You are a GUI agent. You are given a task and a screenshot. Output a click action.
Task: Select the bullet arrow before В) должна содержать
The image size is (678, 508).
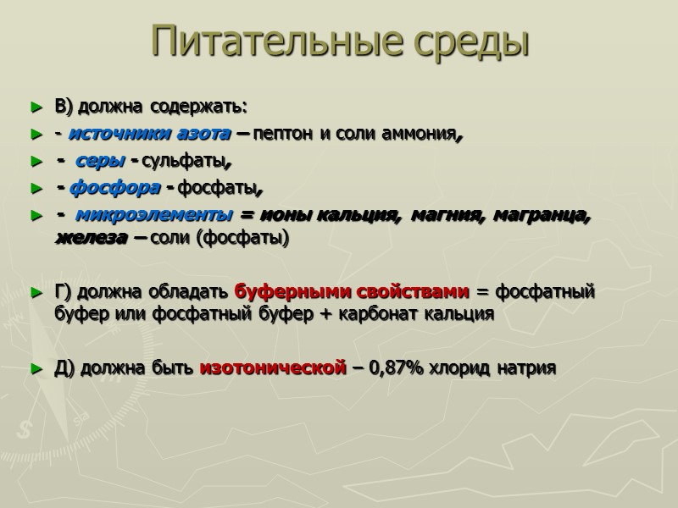click(x=35, y=108)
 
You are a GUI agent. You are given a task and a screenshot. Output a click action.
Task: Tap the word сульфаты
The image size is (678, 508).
click(x=188, y=161)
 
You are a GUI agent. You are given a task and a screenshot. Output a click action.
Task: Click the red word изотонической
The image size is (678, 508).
click(x=272, y=368)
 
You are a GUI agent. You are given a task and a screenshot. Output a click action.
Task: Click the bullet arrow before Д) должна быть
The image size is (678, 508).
click(x=35, y=368)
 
